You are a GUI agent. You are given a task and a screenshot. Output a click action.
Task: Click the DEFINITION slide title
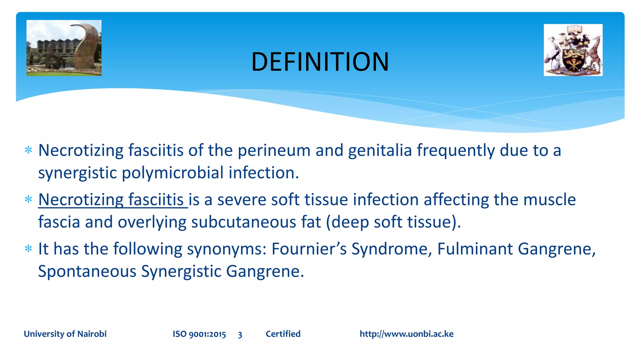click(320, 62)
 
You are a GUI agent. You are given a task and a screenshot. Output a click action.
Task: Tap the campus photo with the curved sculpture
click(64, 48)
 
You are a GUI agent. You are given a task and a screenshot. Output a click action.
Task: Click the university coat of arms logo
click(573, 50)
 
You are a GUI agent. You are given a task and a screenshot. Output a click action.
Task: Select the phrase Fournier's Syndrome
click(351, 249)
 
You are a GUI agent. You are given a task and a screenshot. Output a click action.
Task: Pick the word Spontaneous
click(87, 271)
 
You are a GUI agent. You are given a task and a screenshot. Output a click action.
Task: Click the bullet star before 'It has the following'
click(28, 249)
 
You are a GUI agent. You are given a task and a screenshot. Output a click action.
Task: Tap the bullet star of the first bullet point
click(28, 150)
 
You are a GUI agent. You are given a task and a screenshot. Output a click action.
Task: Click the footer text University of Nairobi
click(65, 334)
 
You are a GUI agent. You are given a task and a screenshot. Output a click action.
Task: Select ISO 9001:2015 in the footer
click(199, 334)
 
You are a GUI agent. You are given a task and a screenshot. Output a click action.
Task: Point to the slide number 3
click(240, 335)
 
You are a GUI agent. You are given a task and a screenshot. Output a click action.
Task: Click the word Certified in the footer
click(283, 334)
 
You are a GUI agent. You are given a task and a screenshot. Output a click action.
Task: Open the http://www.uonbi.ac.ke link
click(406, 334)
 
